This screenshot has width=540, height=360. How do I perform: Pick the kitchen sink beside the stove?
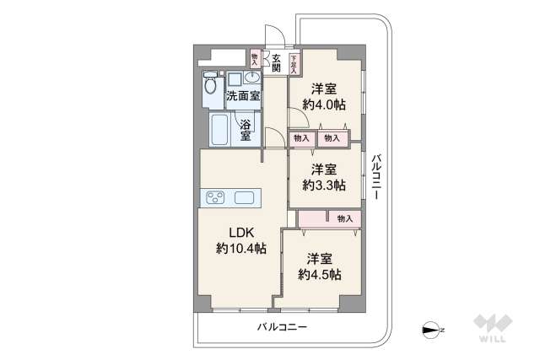pyautogui.click(x=245, y=198)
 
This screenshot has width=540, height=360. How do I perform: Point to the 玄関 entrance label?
pyautogui.click(x=275, y=63)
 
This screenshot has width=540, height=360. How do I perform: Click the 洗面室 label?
pyautogui.click(x=242, y=96)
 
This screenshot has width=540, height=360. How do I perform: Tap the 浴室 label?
pyautogui.click(x=245, y=130)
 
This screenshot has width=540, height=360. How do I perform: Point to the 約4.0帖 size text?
pyautogui.click(x=324, y=105)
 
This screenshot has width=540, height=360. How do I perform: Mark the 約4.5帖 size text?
pyautogui.click(x=319, y=275)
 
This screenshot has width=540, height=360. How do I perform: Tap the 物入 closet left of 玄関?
pyautogui.click(x=256, y=58)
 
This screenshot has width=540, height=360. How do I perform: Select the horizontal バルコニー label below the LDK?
pyautogui.click(x=282, y=326)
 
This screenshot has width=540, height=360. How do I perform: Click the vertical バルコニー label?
pyautogui.click(x=376, y=177)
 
